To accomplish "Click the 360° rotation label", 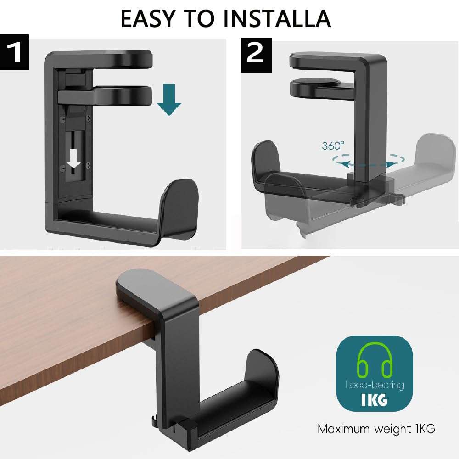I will (x=333, y=146).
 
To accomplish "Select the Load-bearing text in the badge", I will (x=374, y=385).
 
